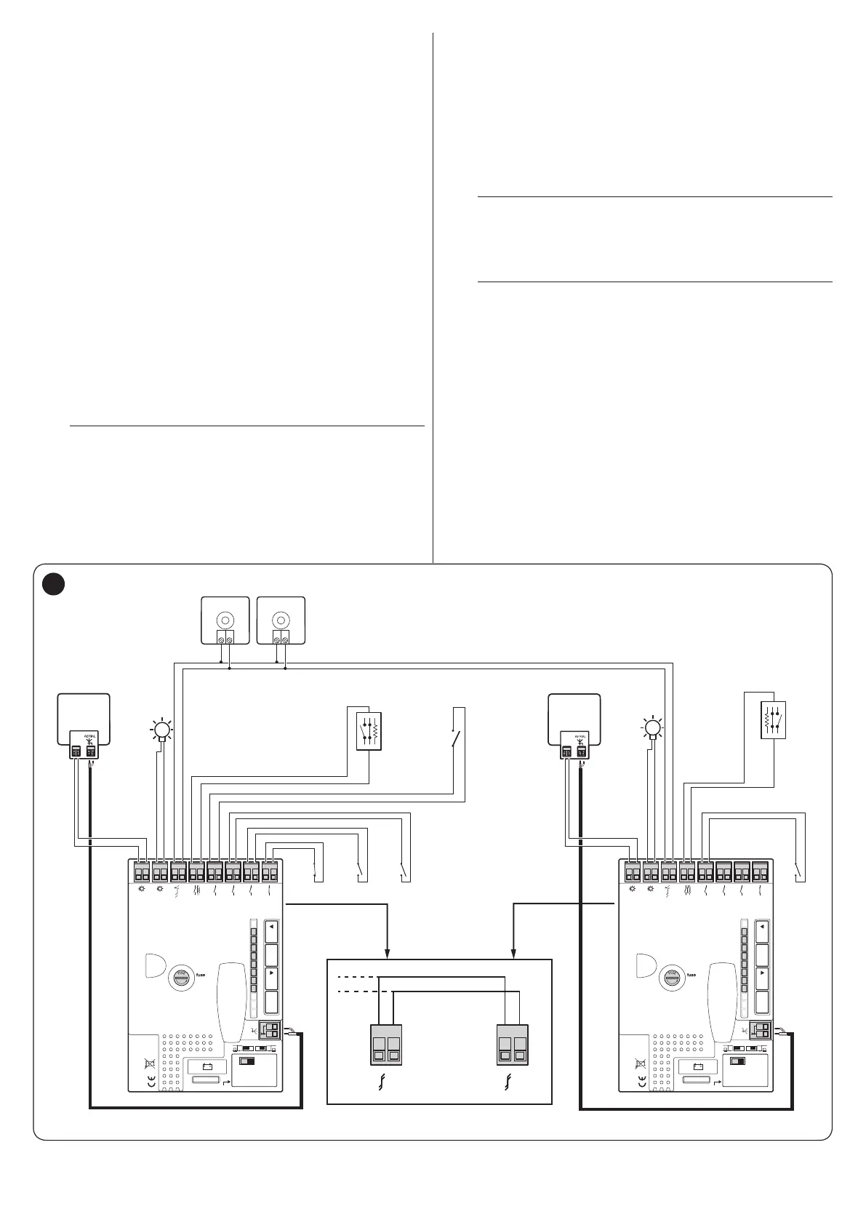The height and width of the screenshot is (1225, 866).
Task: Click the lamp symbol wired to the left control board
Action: click(x=162, y=729)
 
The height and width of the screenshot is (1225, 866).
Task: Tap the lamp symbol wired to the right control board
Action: click(x=653, y=727)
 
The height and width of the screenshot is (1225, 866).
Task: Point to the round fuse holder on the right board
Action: click(x=670, y=978)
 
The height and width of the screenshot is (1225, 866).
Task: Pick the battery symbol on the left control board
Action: click(x=207, y=1067)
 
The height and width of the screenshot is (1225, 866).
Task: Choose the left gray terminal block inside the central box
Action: click(x=385, y=1045)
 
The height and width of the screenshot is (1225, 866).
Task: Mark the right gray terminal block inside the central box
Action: click(x=512, y=1045)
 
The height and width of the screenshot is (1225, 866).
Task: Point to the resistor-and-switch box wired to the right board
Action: click(x=773, y=720)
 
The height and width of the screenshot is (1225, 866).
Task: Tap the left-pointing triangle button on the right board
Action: click(x=762, y=928)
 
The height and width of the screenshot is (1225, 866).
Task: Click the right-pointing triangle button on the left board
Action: click(x=272, y=973)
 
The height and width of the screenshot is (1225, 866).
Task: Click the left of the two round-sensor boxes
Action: click(x=225, y=620)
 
